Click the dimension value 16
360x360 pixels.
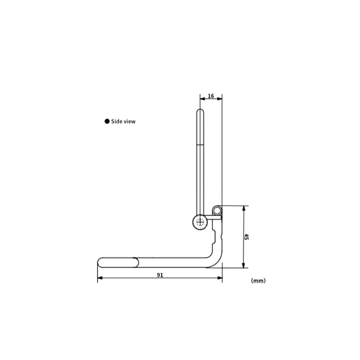(211, 96)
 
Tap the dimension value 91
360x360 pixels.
(160, 275)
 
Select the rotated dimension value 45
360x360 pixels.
(246, 237)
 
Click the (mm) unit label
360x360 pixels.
(258, 281)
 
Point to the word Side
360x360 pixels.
(116, 121)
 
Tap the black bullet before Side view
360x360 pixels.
(107, 121)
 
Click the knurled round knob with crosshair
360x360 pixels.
(200, 221)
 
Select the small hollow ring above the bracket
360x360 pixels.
(217, 210)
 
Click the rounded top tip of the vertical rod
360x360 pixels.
(200, 110)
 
